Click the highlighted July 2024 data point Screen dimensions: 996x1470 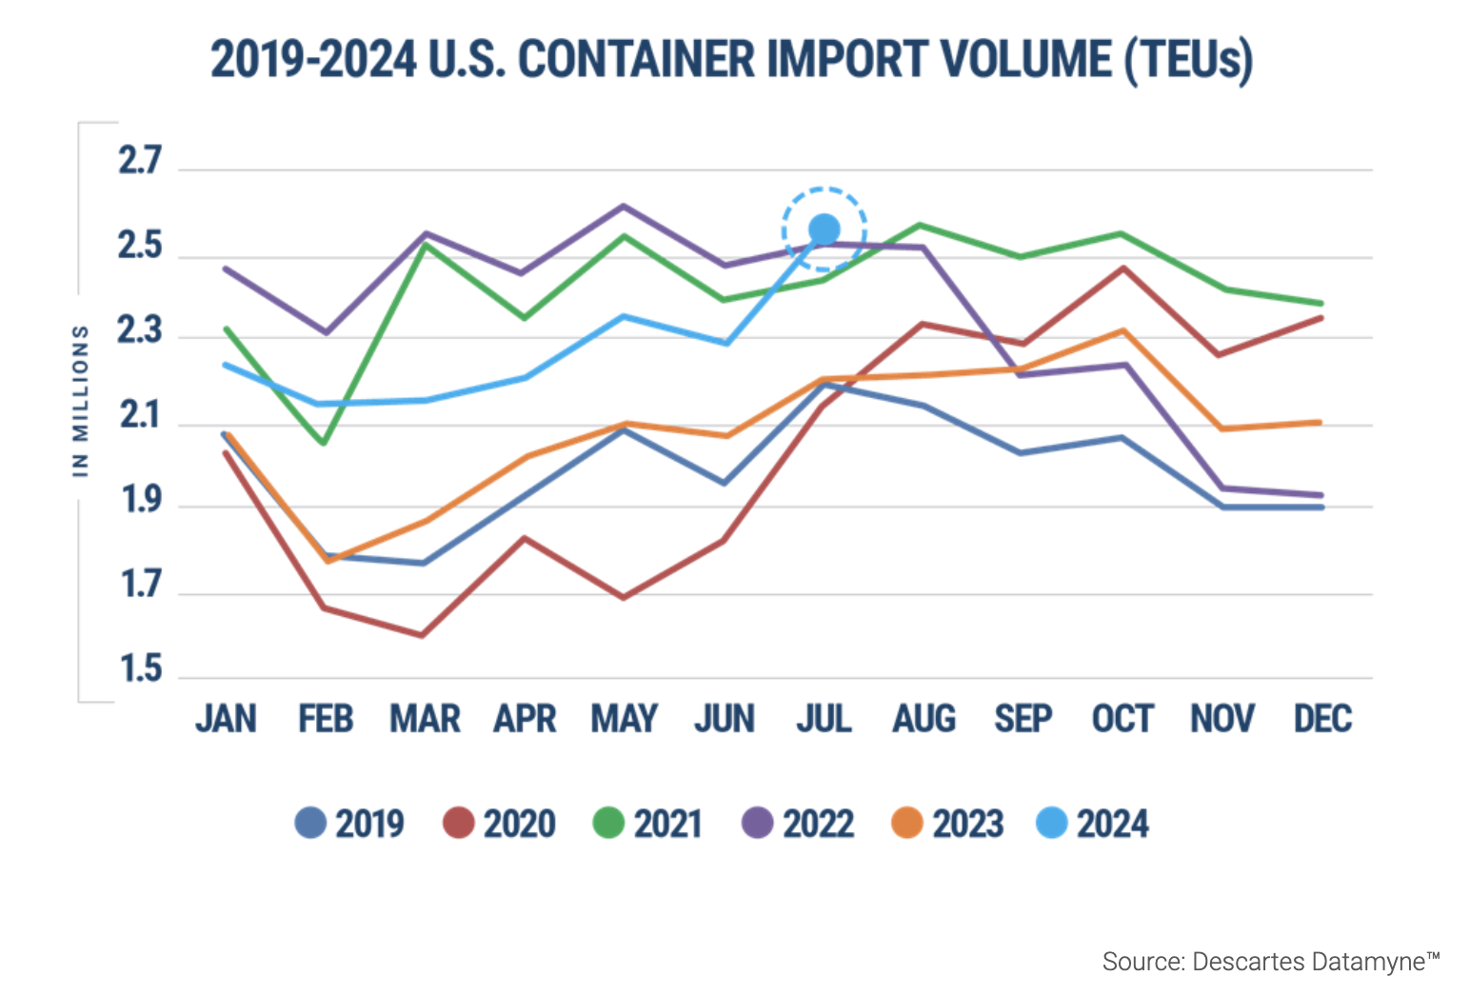824,229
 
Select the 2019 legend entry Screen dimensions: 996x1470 349,824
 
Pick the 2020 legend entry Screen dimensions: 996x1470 499,824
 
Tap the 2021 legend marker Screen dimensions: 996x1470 608,823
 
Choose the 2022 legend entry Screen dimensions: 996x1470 798,824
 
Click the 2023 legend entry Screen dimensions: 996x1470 947,824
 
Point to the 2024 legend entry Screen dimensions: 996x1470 1093,824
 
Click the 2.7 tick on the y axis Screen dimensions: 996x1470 140,161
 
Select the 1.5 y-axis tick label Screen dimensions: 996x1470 140,669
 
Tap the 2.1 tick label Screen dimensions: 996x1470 140,416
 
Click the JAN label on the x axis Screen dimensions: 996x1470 226,719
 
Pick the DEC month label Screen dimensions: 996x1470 1322,719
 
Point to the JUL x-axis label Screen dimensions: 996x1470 824,719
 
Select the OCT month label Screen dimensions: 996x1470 1122,719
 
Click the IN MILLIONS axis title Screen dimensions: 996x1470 81,400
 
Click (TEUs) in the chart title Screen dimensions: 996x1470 1187,60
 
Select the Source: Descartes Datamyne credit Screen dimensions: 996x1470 1270,962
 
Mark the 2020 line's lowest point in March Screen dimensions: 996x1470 422,635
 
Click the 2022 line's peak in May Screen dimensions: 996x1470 624,206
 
